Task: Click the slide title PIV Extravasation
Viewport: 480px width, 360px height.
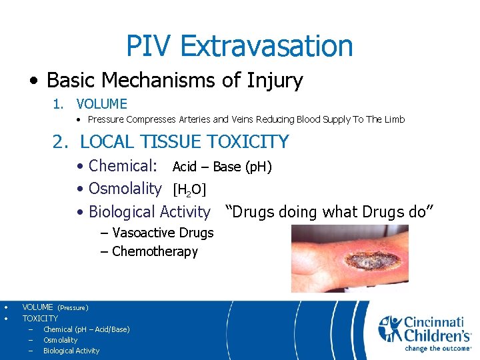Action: coord(239,46)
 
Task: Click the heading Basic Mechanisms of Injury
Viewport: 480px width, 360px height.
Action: coord(175,81)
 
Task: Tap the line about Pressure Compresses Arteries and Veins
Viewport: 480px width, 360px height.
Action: coord(246,120)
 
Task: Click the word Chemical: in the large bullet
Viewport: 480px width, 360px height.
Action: coord(123,166)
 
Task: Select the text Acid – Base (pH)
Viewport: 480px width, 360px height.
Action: coord(222,167)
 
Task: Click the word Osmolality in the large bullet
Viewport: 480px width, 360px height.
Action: coord(125,189)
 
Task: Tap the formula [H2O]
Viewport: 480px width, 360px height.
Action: coord(189,190)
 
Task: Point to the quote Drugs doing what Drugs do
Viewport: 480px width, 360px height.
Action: coord(330,212)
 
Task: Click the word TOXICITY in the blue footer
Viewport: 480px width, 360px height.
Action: coord(40,319)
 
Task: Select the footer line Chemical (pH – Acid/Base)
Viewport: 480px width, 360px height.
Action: coord(86,329)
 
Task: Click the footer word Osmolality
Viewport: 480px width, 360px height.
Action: coord(60,340)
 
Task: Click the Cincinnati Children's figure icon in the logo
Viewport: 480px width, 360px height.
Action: coord(391,328)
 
